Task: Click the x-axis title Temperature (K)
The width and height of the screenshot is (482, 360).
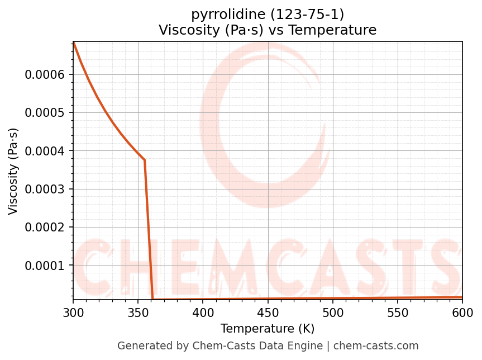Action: click(x=268, y=329)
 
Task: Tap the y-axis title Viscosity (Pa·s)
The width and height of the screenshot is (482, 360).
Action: click(x=14, y=171)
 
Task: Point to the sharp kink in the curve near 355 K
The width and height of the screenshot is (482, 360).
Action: click(x=145, y=160)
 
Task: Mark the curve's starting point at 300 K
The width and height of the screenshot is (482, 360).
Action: click(x=74, y=42)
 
